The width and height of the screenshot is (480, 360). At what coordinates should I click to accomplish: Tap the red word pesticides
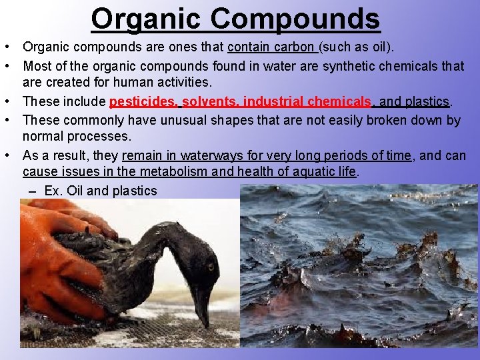click(142, 102)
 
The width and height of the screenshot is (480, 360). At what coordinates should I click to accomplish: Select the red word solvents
click(209, 102)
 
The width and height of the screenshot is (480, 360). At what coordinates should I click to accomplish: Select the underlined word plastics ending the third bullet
click(427, 102)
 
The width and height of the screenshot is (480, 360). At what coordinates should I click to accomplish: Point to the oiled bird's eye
click(210, 267)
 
